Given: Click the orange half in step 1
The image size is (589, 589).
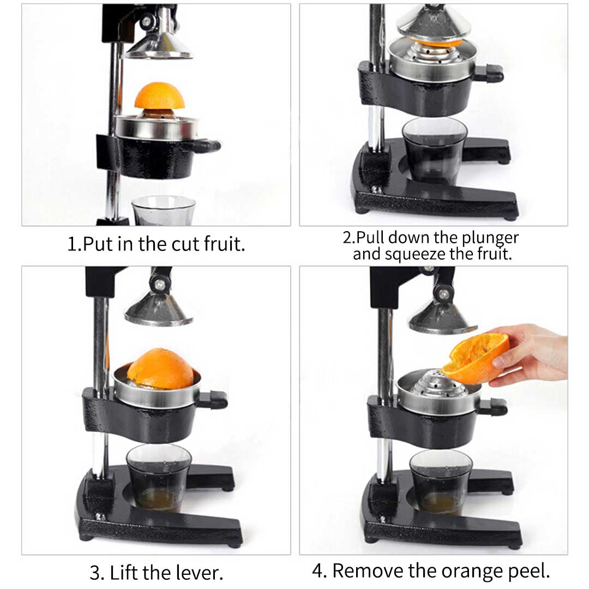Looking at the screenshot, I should click(159, 97).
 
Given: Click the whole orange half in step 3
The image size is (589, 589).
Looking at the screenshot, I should click(160, 369).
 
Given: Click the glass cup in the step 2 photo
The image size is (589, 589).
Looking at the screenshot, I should click(434, 150).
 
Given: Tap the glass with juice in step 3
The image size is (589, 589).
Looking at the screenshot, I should click(158, 477).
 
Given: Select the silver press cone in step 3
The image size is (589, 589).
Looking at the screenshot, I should click(159, 311).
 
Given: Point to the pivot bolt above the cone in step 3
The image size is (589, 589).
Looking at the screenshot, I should click(160, 284).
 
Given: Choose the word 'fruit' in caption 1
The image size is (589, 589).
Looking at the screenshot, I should click(224, 243).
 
